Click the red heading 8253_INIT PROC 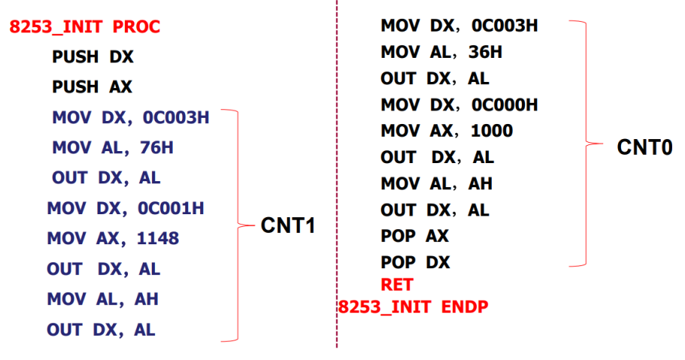84,28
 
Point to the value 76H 156,148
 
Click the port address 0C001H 171,208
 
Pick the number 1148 158,239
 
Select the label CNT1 287,225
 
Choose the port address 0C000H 505,104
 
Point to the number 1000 492,131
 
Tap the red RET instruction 397,285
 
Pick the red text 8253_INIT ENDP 413,307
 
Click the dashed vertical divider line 336,180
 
